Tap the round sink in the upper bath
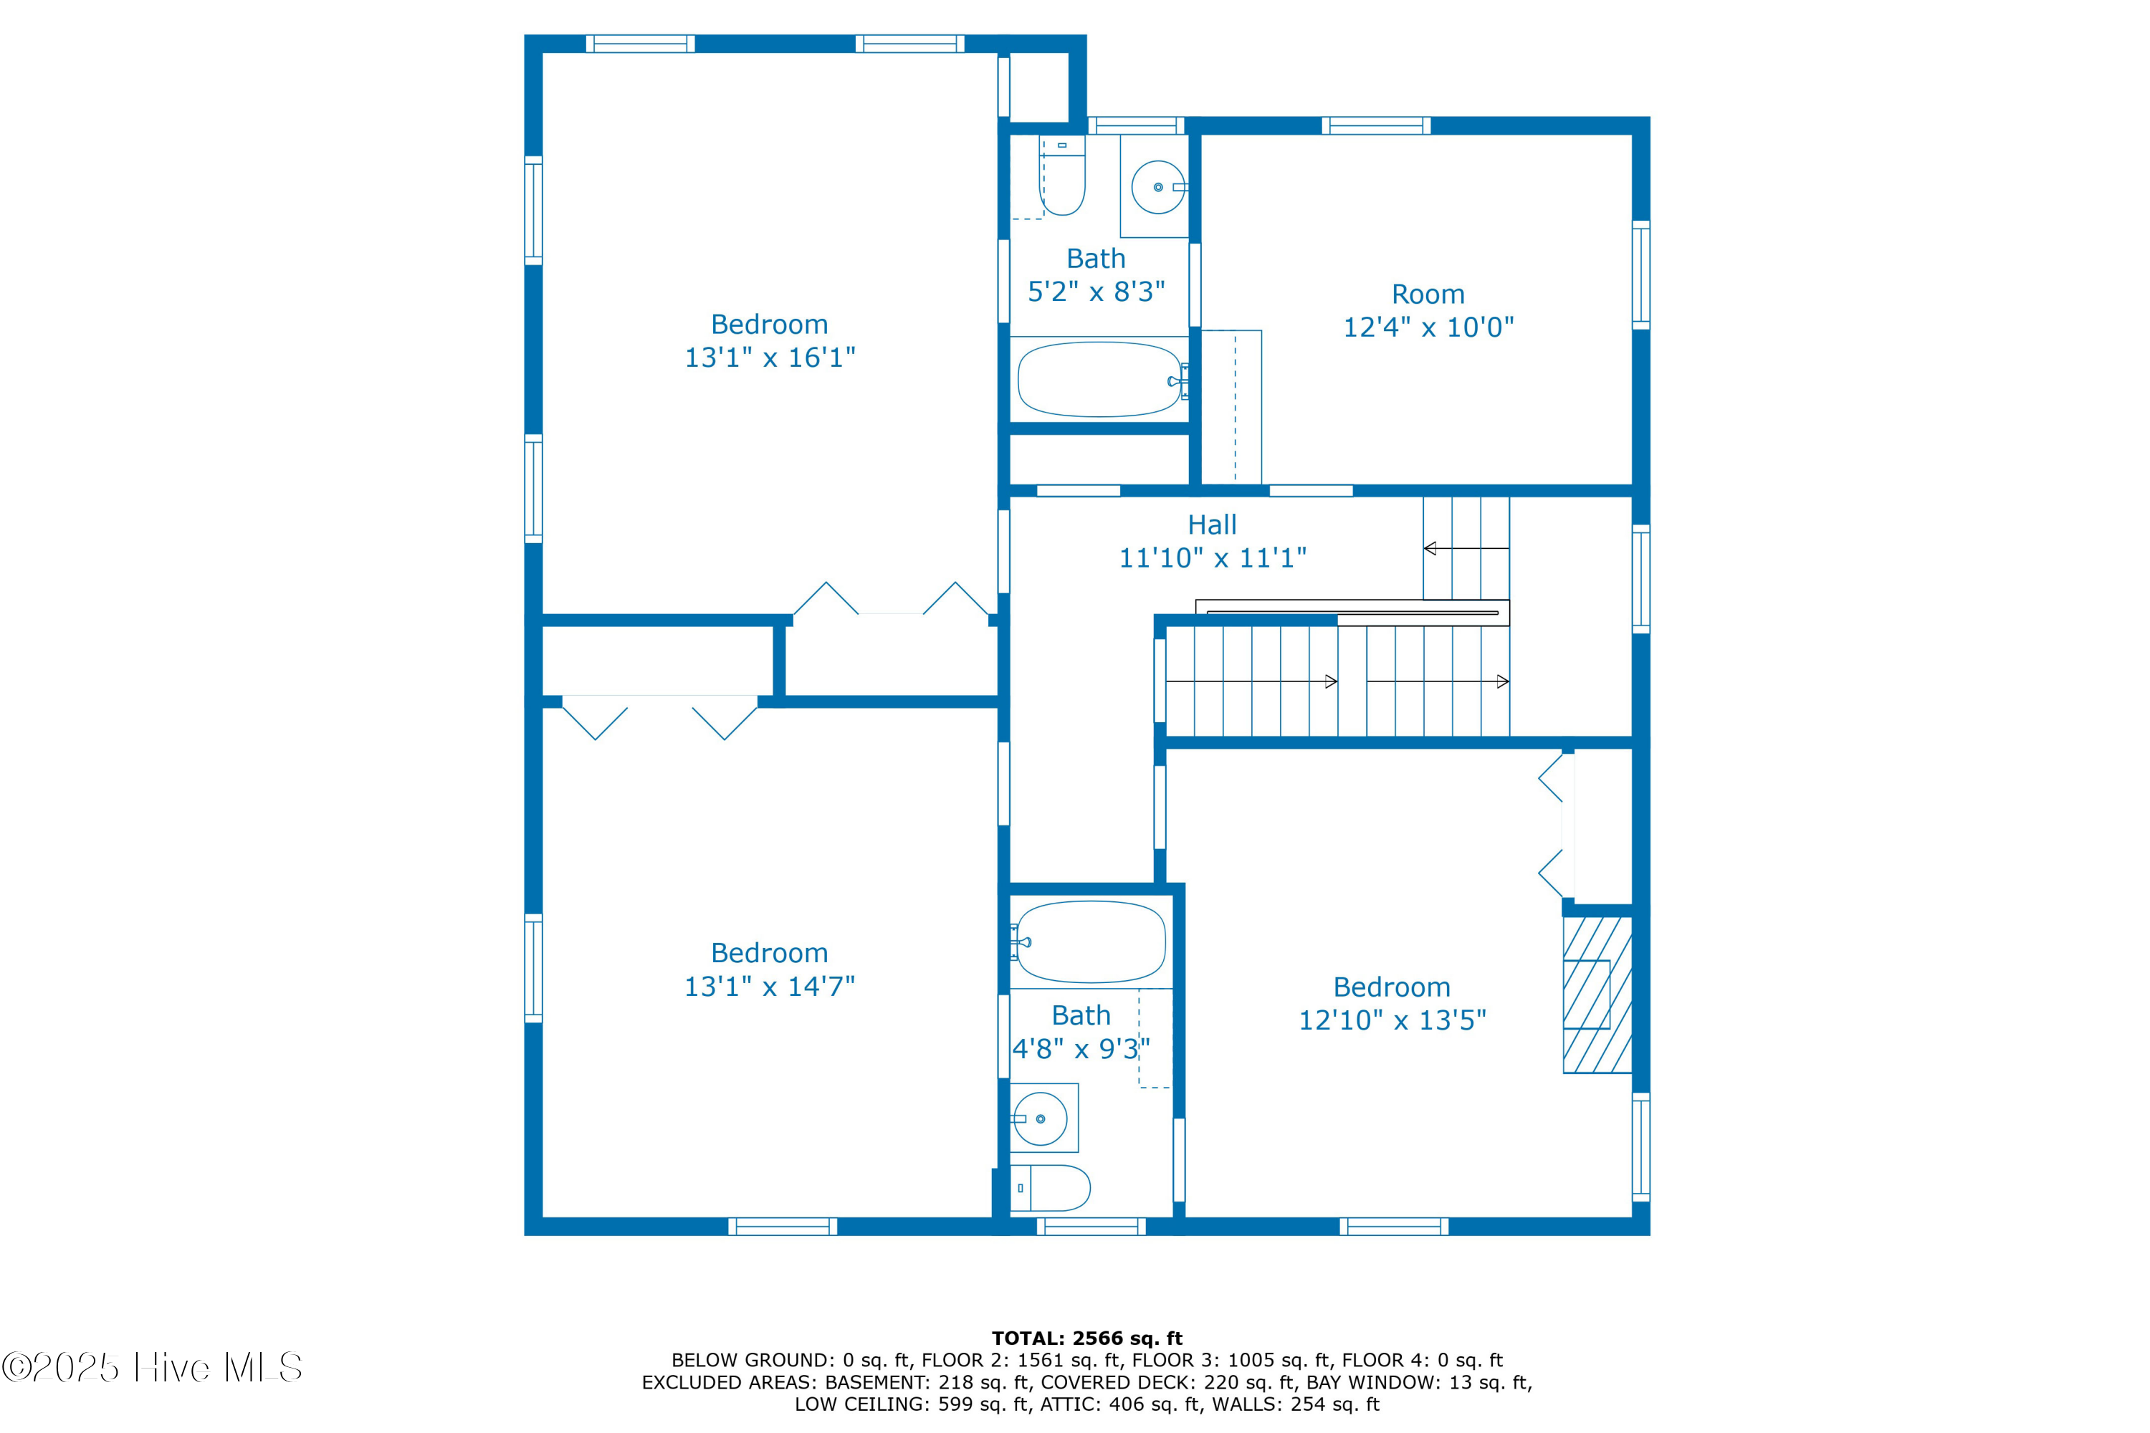[1158, 186]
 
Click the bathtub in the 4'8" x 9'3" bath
[1091, 941]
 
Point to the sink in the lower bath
[1041, 1118]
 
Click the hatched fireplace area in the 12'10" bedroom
[1597, 995]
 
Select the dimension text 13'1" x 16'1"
[770, 358]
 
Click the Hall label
[1212, 524]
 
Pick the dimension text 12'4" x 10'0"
[1428, 327]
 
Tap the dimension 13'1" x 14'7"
[770, 986]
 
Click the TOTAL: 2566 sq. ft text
[1087, 1339]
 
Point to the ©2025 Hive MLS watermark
[152, 1367]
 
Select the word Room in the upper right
[1428, 294]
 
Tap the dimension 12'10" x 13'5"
[1392, 1020]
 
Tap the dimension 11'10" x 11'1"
[1212, 557]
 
